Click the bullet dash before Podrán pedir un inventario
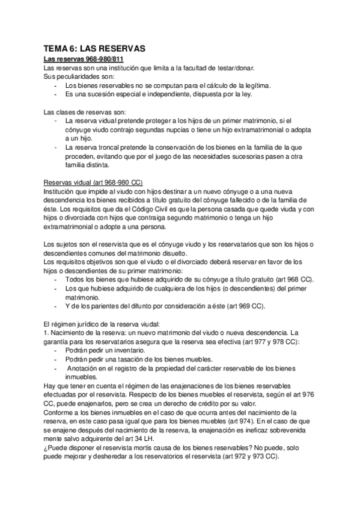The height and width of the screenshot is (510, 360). pyautogui.click(x=56, y=350)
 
